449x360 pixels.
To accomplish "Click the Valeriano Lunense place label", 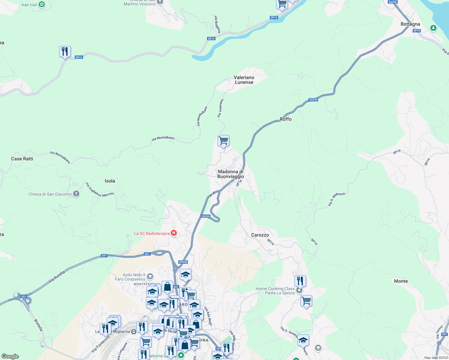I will pos(244,80).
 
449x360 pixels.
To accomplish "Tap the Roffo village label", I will pos(285,119).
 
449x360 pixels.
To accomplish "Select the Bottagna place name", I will pos(410,24).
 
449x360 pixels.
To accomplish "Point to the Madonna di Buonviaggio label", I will pos(231,174).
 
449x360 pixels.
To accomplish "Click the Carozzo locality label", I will pos(260,235).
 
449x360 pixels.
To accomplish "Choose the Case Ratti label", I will pos(22,159).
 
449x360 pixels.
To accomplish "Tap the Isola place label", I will pos(110,181).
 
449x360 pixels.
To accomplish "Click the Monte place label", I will pos(401,281).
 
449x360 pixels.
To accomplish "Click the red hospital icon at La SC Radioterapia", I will pos(174,233).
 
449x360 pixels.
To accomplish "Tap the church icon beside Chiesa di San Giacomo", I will pos(76,194).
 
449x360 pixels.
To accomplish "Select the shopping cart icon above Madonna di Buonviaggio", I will pos(223,140).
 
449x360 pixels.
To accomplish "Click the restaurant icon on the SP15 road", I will pos(65,52).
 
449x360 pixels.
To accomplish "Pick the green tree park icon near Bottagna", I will pos(433,28).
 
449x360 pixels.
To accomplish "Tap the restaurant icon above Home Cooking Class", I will pos(300,281).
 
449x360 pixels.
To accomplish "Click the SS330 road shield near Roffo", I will pos(313,100).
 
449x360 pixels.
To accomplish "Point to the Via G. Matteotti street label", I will pos(336,199).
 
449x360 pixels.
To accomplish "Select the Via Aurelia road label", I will pos(57,277).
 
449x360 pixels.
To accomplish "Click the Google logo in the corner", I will pos(10,356).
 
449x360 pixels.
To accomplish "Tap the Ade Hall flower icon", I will pos(42,4).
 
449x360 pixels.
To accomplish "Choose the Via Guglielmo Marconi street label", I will pos(100,190).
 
